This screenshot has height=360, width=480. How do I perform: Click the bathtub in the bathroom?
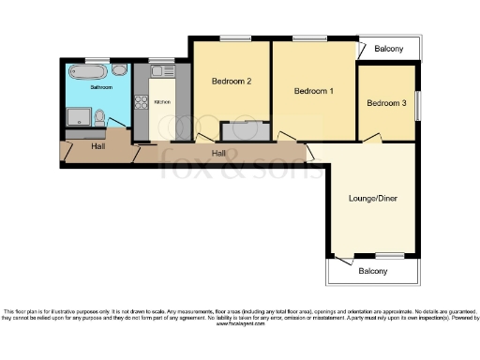tap(88, 70)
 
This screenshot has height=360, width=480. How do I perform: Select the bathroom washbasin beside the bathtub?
tap(119, 71)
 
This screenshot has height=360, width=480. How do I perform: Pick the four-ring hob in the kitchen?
tap(142, 103)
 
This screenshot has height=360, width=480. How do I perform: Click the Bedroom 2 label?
tap(231, 82)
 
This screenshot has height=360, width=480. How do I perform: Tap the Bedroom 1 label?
tap(313, 91)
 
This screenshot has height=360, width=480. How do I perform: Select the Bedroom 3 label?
tap(385, 103)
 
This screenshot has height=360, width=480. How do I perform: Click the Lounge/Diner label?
tap(373, 198)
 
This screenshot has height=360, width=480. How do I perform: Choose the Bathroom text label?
tap(101, 87)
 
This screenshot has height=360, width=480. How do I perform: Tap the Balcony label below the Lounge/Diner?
tap(372, 272)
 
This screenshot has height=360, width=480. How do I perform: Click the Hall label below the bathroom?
tap(97, 147)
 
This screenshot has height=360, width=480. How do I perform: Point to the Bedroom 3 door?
tap(373, 140)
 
